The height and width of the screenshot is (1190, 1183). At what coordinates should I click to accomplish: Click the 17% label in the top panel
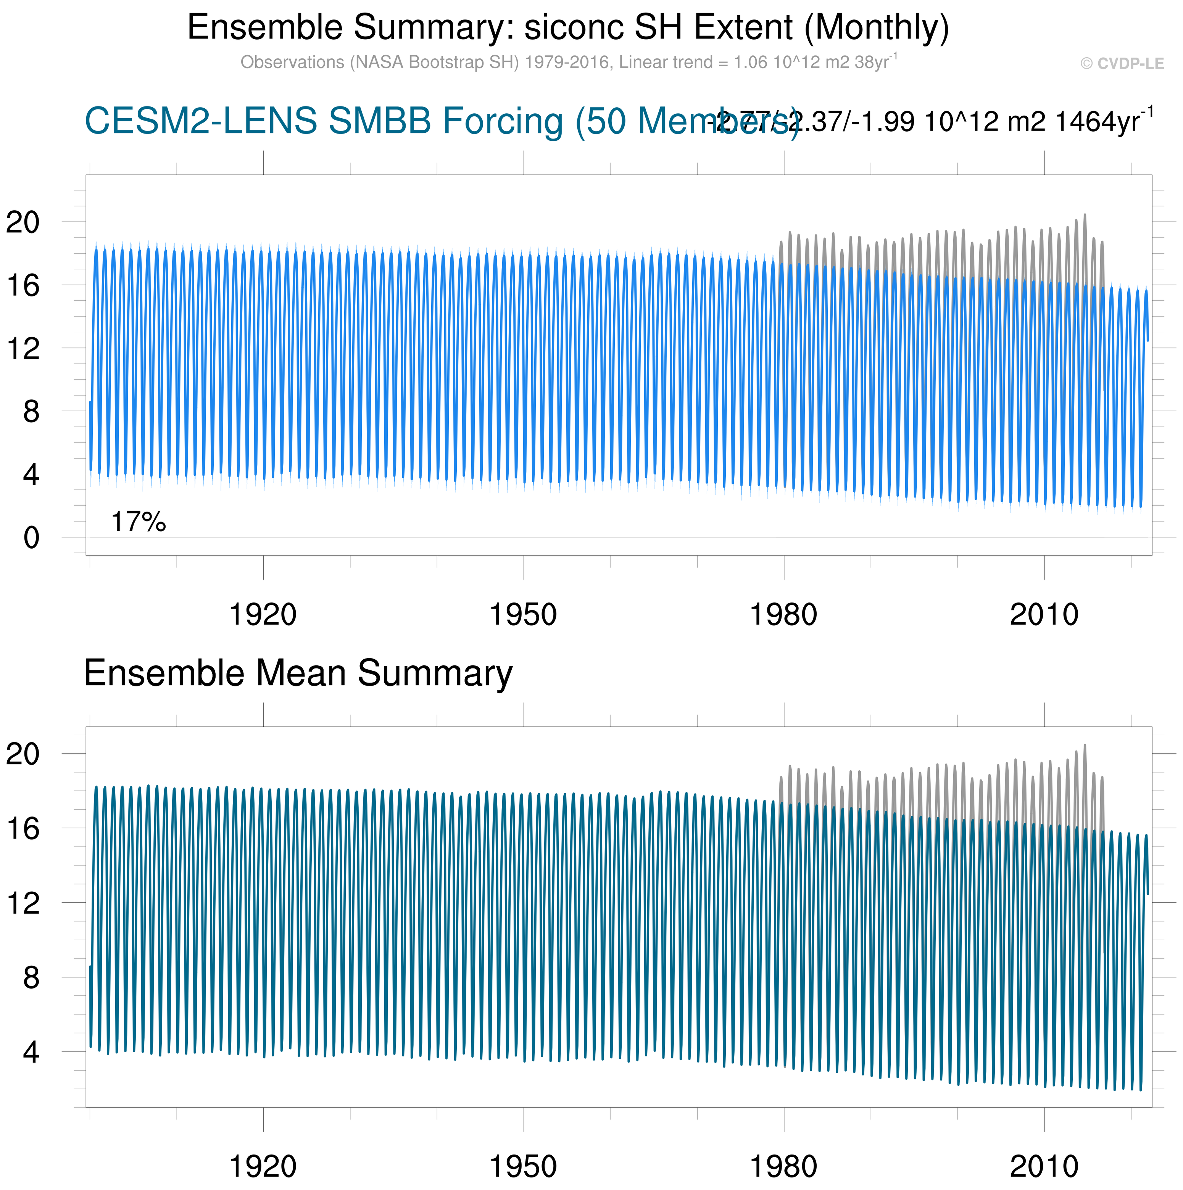point(138,522)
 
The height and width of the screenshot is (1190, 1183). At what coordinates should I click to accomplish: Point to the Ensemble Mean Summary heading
point(298,673)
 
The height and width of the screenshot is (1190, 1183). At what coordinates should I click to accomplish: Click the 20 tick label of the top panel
point(23,222)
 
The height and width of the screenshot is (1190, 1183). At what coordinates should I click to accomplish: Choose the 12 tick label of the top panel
point(23,349)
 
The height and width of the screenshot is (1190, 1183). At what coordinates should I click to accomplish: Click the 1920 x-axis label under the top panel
point(263,615)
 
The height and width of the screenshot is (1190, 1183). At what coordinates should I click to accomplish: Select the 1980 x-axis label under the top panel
point(783,615)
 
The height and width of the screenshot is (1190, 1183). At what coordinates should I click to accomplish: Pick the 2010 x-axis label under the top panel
point(1044,615)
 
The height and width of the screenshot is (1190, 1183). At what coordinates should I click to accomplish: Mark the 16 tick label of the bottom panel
point(23,829)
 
